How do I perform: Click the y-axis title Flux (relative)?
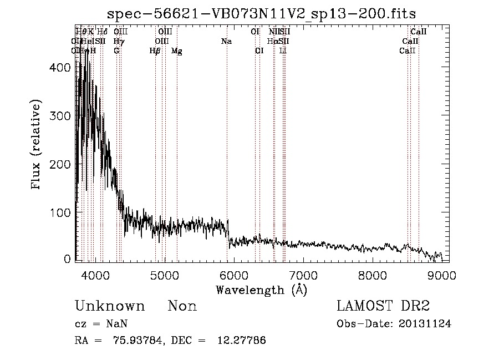pos(37,146)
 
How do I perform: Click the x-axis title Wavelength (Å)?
pos(262,289)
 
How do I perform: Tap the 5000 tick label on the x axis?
pos(165,275)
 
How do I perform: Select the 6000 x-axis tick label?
pos(234,275)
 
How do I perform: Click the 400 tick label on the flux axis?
pos(60,68)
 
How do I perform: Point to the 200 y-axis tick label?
pos(60,164)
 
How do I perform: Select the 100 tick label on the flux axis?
pos(60,212)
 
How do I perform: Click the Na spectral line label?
pos(226,42)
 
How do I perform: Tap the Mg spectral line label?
pos(177,51)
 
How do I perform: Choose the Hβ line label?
pos(155,51)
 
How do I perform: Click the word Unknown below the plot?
pos(110,306)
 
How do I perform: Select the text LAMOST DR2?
pos(383,306)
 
